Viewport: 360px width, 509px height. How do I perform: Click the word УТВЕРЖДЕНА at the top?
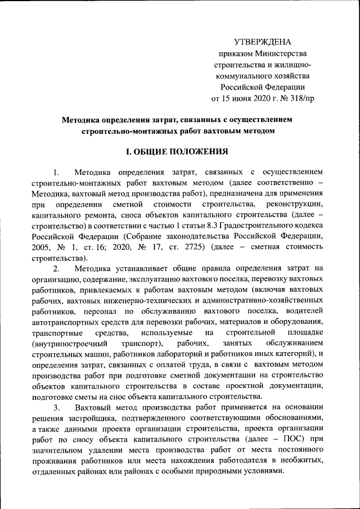[263, 42]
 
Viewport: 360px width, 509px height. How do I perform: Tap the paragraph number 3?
[56, 407]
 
